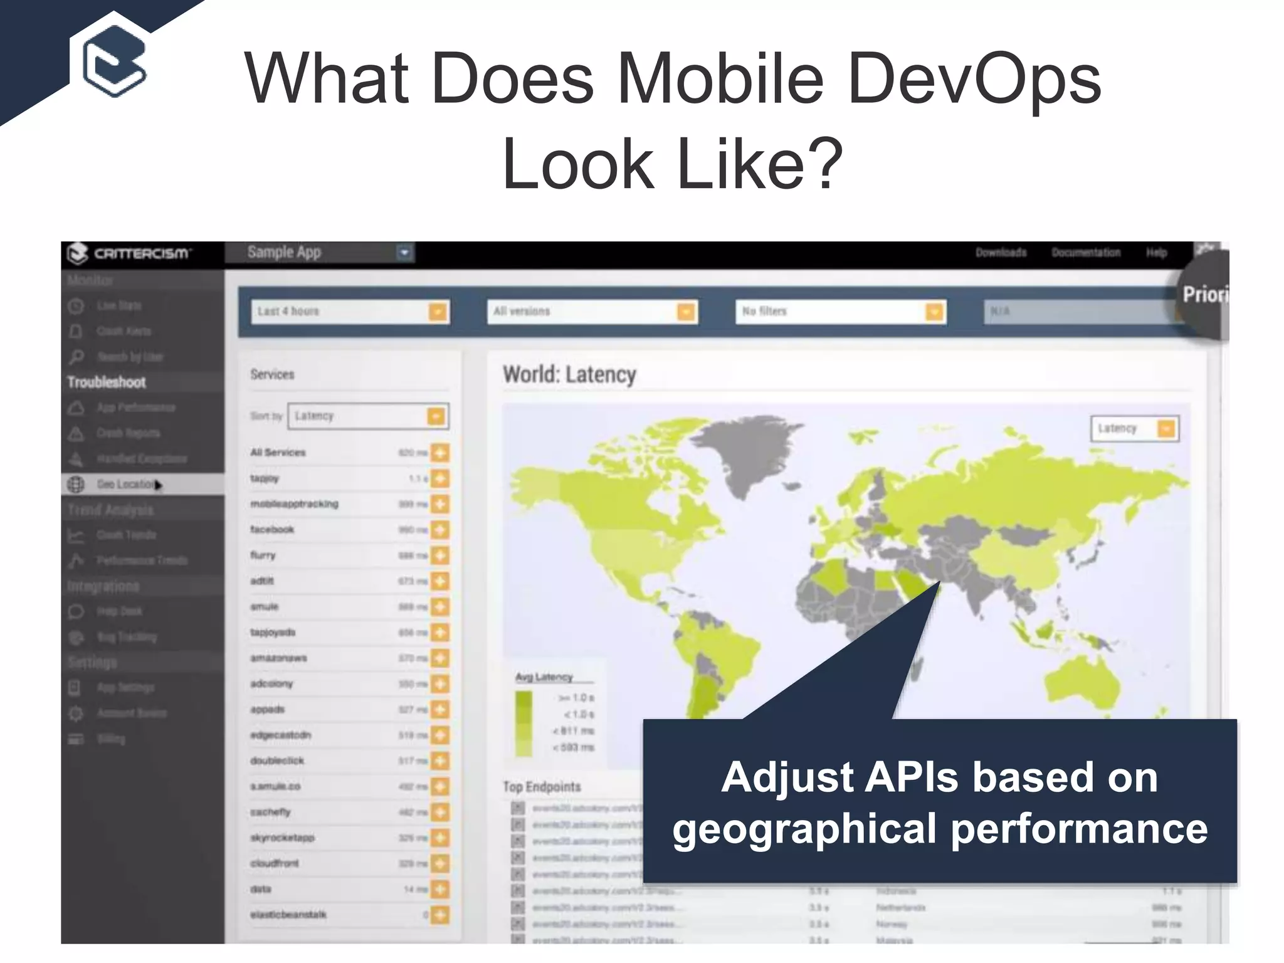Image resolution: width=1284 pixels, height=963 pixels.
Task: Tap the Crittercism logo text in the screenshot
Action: [x=141, y=253]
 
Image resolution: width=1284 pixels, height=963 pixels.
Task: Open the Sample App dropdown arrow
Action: [x=404, y=253]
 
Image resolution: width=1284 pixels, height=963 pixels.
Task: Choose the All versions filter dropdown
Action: [x=592, y=312]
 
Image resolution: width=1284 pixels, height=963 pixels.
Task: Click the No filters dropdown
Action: [x=840, y=312]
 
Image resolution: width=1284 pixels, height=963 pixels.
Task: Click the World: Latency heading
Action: [x=569, y=375]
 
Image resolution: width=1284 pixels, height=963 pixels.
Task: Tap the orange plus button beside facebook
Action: [x=440, y=530]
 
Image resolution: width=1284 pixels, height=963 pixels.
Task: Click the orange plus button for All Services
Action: [x=440, y=453]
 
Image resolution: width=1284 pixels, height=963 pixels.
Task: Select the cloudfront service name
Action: [x=275, y=863]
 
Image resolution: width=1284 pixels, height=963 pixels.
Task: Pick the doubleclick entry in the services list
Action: [x=277, y=760]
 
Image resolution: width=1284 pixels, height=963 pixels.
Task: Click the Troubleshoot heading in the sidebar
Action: [x=107, y=382]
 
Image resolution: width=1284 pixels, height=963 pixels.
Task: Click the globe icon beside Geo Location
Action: [x=76, y=485]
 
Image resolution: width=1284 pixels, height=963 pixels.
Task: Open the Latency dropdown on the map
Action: [x=1135, y=429]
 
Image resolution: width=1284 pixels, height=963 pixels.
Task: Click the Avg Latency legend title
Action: [x=544, y=677]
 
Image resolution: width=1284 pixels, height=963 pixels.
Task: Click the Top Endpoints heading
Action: [x=542, y=787]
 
